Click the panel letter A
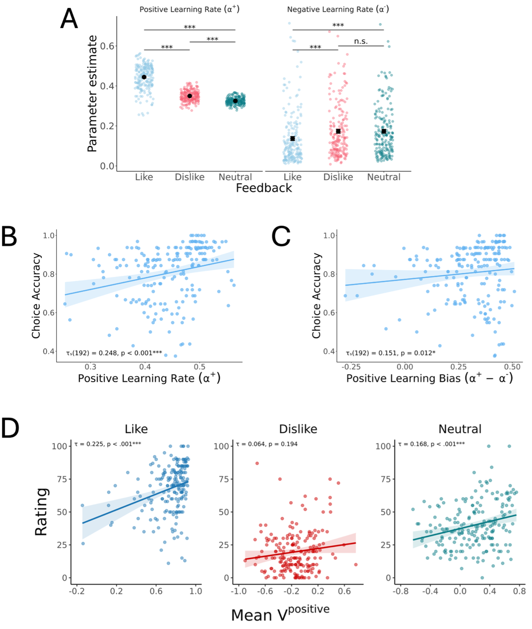coord(69,19)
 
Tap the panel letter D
coord(10,428)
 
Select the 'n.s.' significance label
coord(361,41)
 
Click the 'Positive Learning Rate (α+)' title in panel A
coord(189,9)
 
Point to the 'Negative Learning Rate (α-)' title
coord(338,9)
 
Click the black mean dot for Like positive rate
coord(144,77)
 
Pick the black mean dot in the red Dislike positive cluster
coord(190,96)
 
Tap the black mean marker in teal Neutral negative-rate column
coord(384,131)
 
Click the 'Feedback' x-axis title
coord(264,188)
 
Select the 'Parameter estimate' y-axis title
coord(92,94)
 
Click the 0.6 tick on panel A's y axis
coord(107,46)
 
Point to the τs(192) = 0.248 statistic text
coord(114,353)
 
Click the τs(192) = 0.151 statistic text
coord(391,353)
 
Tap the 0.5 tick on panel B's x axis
coord(200,367)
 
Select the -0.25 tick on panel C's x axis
coord(351,367)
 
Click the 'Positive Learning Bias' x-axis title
coord(430,378)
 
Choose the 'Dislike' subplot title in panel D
coord(298,429)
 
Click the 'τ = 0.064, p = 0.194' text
coord(267,444)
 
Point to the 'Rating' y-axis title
coord(41,512)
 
